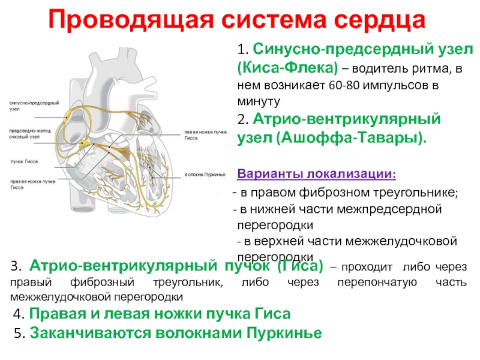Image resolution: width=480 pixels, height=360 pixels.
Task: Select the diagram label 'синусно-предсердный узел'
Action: [33, 106]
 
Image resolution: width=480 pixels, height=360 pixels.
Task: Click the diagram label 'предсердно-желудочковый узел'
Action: [29, 134]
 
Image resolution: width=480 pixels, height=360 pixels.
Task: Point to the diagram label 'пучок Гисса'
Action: [24, 162]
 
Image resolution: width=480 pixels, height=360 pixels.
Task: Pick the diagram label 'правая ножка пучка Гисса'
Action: [32, 184]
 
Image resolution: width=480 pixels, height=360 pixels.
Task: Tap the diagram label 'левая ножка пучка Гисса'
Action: [203, 134]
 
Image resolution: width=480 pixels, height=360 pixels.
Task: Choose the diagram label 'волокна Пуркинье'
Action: [205, 174]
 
